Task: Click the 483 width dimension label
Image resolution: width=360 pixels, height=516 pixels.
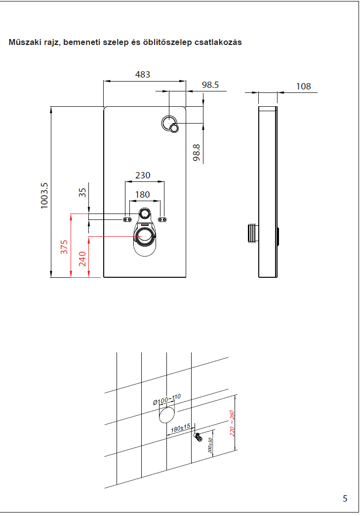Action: click(143, 74)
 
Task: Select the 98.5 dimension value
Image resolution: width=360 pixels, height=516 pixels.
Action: click(210, 85)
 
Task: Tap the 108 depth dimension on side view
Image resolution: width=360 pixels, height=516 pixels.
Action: click(303, 86)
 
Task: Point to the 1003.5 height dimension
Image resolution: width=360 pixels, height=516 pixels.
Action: click(44, 195)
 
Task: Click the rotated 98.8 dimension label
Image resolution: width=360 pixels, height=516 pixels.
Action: click(197, 152)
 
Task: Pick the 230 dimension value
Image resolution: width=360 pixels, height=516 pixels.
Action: click(143, 175)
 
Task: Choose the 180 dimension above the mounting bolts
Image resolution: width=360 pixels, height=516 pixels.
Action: click(142, 194)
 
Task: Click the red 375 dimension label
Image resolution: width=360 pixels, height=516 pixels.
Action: click(64, 247)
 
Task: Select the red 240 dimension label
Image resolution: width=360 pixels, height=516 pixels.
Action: click(82, 258)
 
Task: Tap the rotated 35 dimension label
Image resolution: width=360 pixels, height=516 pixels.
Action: click(82, 193)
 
